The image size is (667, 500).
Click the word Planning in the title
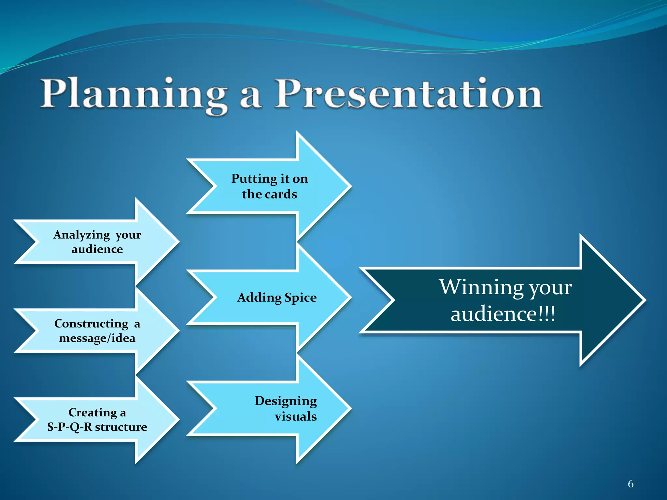[x=134, y=94]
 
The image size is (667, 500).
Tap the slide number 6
[x=631, y=484]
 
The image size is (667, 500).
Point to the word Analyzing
[x=81, y=235]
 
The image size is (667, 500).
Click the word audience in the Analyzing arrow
[x=97, y=249]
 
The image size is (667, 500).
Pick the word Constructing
[x=91, y=324]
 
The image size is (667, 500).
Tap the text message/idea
[x=97, y=338]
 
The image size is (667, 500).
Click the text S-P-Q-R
[x=69, y=427]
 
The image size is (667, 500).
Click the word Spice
[x=300, y=298]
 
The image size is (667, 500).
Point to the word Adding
[x=259, y=298]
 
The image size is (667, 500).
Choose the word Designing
[x=286, y=401]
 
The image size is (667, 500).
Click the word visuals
[x=295, y=416]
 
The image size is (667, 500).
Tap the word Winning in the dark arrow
[x=481, y=287]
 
